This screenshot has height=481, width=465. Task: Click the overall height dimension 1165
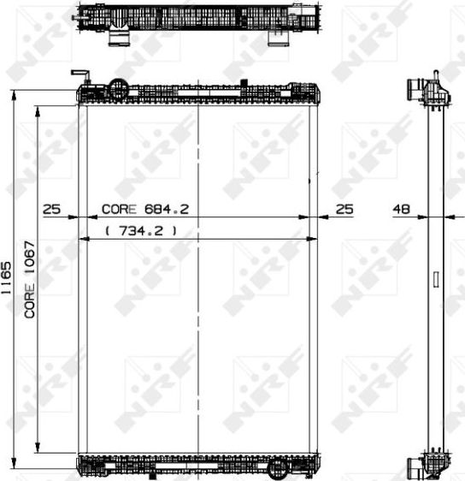point(7,279)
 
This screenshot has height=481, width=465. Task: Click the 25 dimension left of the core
point(51,208)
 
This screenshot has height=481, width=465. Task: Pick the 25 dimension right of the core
point(344,208)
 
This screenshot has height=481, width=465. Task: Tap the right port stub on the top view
point(278,38)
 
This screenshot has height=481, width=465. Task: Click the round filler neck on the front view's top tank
point(120,87)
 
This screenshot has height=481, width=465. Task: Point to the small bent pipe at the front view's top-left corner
point(79,74)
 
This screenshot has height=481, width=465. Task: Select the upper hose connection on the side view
point(416,89)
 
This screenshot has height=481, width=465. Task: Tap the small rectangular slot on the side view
point(436,279)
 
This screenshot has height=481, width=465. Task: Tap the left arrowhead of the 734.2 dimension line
point(82,239)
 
